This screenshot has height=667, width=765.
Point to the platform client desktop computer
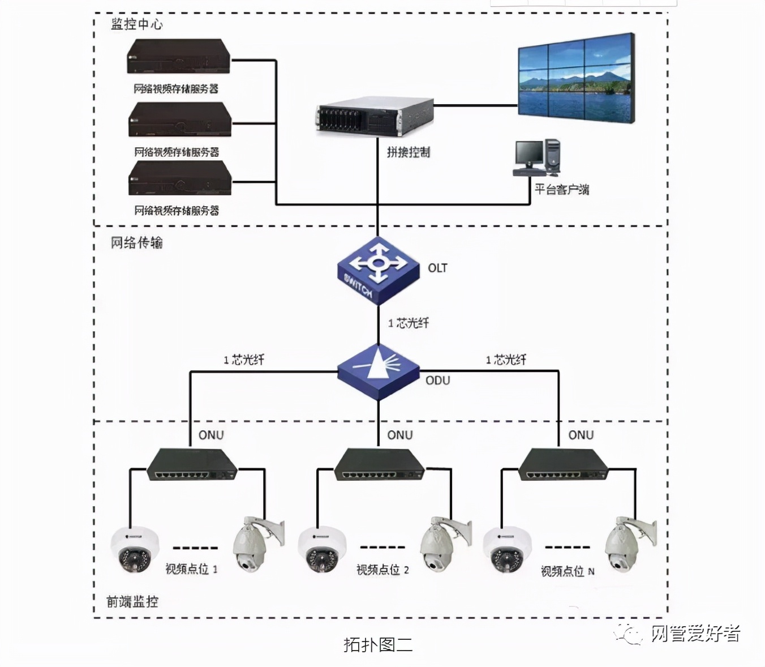537,157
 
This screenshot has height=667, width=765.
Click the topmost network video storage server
179,56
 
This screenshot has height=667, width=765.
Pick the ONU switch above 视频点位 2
380,465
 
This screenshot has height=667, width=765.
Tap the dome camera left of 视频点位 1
134,549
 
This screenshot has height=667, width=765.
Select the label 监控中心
136,24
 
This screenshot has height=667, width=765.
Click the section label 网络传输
136,243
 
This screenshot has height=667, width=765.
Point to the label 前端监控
132,601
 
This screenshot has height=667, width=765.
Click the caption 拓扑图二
378,644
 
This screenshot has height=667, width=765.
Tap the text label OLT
437,268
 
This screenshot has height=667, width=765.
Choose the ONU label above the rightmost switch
581,435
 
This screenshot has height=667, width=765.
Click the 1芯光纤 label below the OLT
409,323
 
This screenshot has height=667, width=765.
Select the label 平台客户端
561,189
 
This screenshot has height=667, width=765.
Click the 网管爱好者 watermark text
695,633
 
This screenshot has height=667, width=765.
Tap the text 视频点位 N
568,571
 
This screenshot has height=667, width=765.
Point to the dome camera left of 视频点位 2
322,549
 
